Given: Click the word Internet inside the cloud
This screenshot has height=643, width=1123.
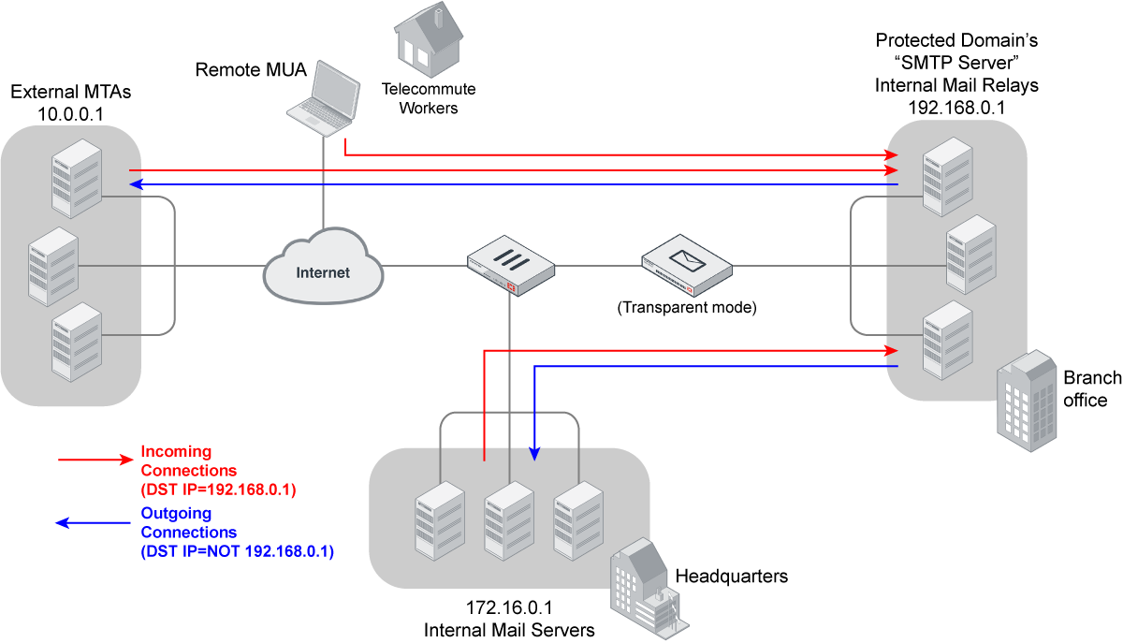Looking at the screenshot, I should (323, 273).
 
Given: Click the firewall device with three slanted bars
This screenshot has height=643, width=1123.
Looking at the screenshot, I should (510, 265).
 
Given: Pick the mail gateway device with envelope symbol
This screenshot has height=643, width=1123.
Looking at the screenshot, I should (687, 265).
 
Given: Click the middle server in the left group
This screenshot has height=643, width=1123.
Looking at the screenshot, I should (52, 266).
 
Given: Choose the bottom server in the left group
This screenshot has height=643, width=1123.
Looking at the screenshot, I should (77, 342).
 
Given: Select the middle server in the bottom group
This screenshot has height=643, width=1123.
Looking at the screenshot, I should (509, 520).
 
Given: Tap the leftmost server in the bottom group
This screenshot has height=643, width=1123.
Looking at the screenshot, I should (440, 520).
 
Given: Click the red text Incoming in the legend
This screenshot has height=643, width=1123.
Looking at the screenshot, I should (176, 452).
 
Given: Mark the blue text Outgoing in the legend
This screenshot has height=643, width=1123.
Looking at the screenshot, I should (176, 513).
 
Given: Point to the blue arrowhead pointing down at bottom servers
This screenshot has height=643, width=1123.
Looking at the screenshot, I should (534, 453).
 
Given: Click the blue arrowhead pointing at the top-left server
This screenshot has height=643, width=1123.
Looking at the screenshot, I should (137, 184).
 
